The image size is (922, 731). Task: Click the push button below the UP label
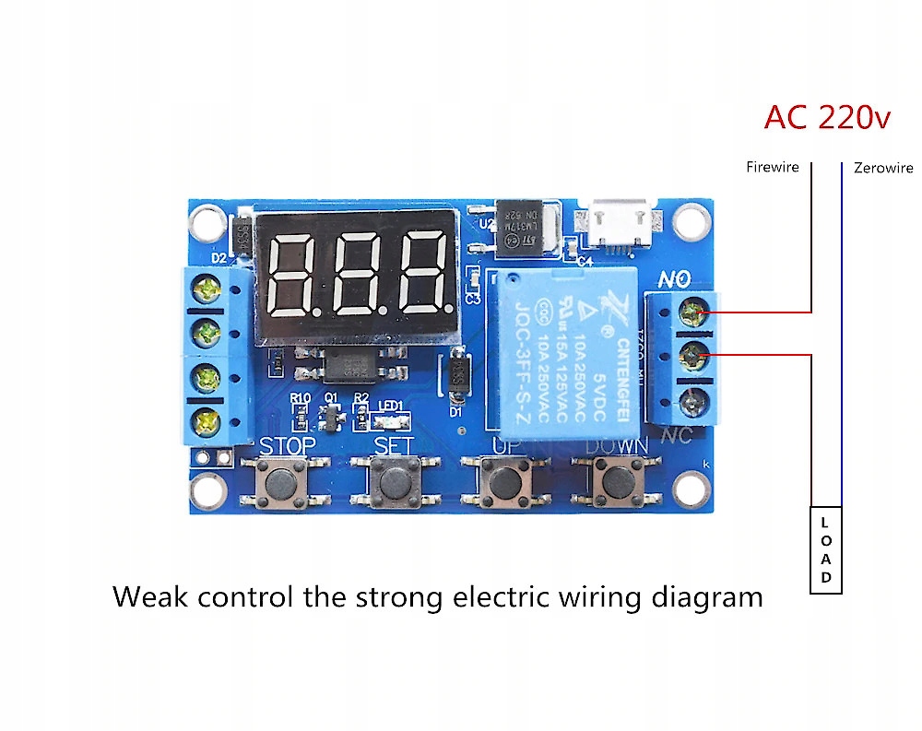(x=503, y=481)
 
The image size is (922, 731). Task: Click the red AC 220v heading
(x=827, y=118)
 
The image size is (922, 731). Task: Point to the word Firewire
(x=772, y=168)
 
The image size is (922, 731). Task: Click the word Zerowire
(x=883, y=168)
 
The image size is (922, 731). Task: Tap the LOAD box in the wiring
(x=826, y=551)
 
